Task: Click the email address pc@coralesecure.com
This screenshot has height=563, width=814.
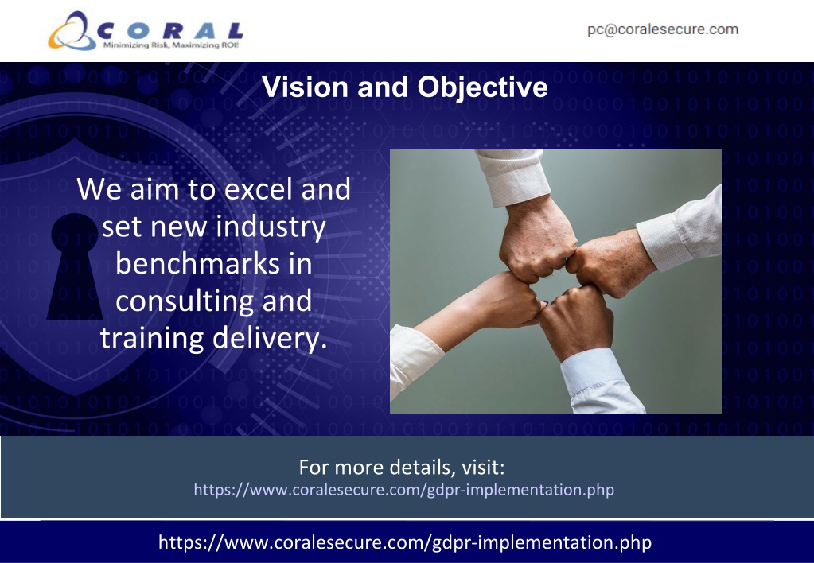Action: (663, 29)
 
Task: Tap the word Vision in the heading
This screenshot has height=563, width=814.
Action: (306, 87)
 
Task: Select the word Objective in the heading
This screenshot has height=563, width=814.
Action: (483, 87)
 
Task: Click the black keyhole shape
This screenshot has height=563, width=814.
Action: (75, 266)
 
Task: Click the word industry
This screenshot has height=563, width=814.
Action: (271, 227)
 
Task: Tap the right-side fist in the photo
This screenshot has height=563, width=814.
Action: (610, 263)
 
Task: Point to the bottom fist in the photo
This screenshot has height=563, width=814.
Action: (576, 320)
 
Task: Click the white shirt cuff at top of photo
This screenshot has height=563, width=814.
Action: (514, 176)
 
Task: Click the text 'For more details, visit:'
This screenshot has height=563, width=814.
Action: (402, 467)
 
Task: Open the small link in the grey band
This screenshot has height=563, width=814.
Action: (404, 490)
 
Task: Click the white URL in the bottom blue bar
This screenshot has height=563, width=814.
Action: (405, 542)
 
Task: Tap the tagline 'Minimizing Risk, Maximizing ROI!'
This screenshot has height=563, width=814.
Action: (171, 45)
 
